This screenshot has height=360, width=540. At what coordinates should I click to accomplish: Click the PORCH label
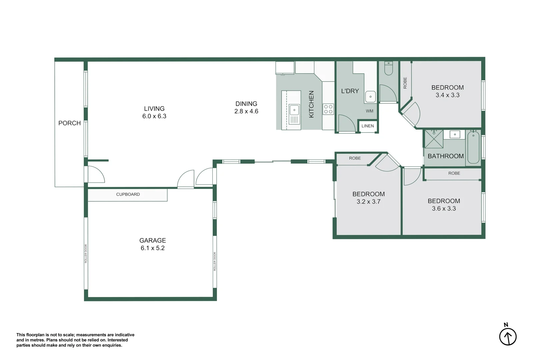69,123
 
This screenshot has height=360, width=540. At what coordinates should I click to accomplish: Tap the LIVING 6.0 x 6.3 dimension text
154,116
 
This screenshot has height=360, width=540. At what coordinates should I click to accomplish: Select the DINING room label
246,104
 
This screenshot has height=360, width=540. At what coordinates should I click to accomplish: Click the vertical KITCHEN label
311,104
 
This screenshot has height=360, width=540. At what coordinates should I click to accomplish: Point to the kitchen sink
294,110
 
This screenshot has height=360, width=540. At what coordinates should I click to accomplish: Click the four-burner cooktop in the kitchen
328,109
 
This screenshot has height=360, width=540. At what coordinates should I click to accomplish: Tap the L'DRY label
350,91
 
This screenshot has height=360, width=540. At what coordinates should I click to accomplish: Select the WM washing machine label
369,111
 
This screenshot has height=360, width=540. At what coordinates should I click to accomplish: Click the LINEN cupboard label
367,126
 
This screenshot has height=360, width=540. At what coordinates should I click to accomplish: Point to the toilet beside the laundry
389,69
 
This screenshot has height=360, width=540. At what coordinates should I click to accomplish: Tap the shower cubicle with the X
434,139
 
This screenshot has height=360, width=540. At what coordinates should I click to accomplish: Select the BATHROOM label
445,156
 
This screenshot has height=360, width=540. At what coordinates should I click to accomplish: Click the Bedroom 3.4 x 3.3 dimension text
447,95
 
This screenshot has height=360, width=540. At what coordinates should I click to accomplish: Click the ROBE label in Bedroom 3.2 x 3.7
355,158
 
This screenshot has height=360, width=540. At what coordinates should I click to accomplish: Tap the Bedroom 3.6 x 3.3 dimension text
444,209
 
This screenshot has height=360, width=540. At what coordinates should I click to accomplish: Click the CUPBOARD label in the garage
128,194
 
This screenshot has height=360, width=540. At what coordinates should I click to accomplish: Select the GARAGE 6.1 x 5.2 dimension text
152,248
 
